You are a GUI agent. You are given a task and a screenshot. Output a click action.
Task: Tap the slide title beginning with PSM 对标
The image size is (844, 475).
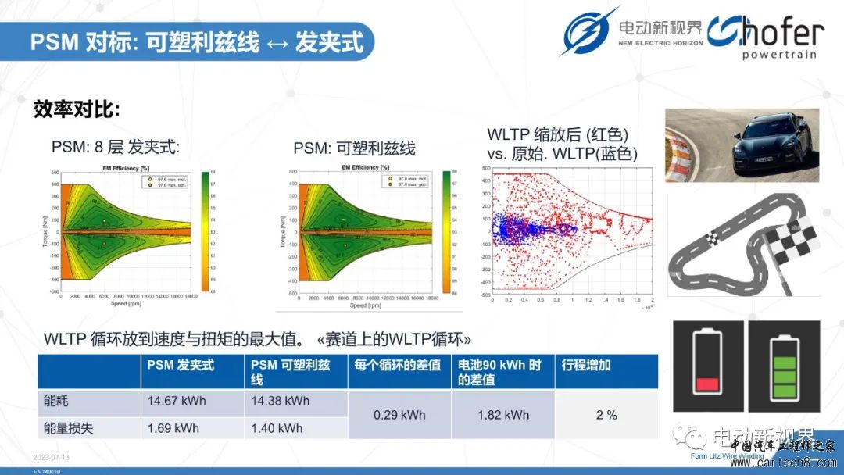click(197, 41)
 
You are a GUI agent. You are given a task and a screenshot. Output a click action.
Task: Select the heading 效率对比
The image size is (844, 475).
click(77, 109)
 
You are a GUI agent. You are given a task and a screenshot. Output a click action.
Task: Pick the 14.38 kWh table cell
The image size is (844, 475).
click(281, 402)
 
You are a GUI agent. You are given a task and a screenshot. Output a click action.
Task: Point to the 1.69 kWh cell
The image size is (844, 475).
click(173, 428)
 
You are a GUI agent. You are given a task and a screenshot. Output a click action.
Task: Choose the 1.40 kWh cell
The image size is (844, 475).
click(277, 428)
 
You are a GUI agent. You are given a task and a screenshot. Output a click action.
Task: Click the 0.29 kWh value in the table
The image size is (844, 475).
click(399, 415)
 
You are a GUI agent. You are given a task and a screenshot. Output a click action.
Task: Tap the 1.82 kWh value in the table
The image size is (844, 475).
click(503, 415)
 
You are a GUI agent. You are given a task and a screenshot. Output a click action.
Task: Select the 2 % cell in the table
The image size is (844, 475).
click(606, 415)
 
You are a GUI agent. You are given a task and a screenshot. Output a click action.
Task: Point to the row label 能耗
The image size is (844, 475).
click(57, 402)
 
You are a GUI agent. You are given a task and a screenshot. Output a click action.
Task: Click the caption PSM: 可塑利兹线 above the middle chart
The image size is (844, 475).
click(354, 148)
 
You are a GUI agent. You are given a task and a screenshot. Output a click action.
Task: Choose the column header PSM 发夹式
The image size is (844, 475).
click(181, 365)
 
